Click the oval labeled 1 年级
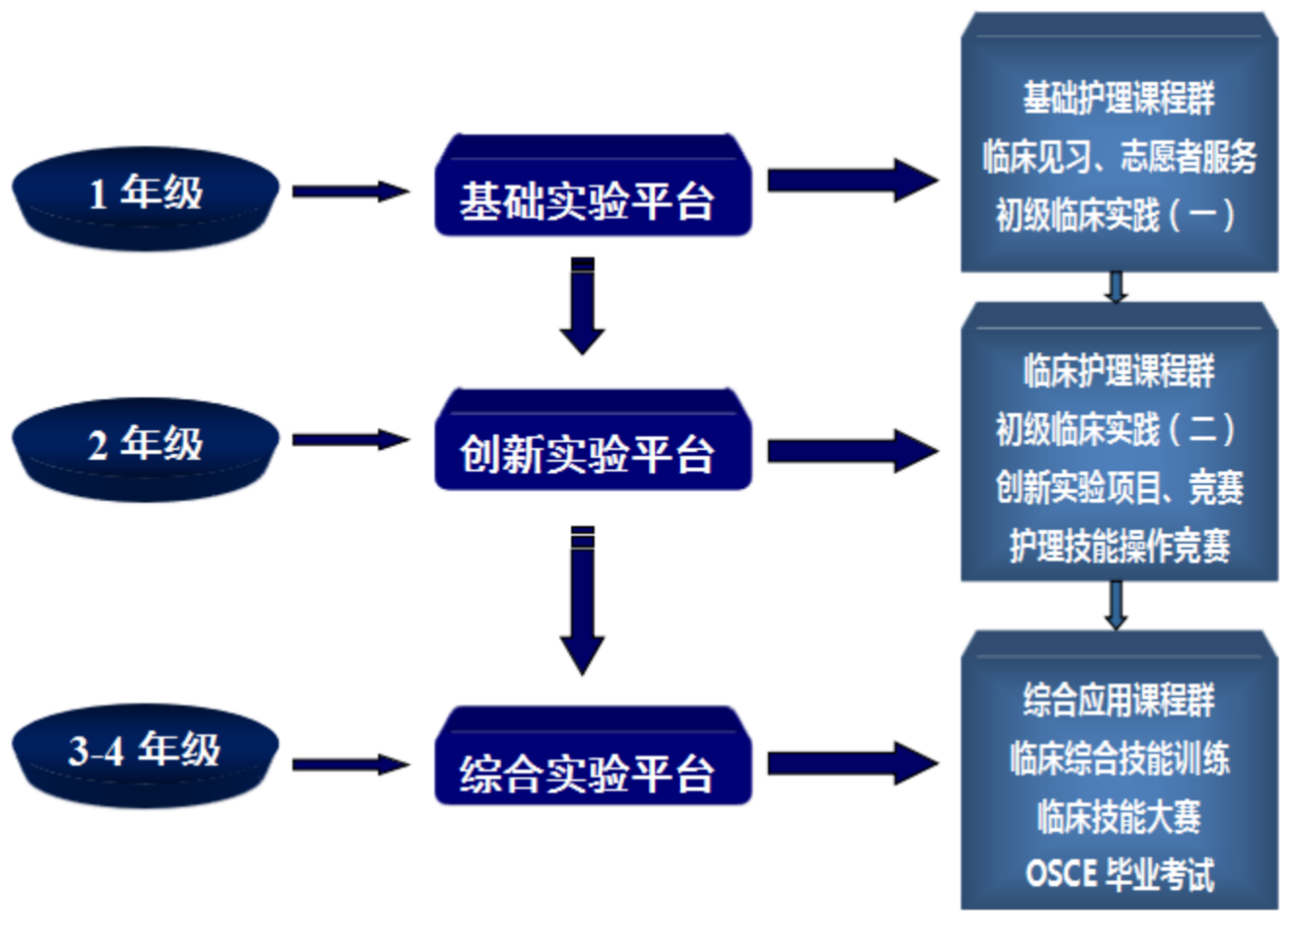pos(145,195)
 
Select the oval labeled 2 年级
pos(145,446)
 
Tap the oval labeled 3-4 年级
pos(145,753)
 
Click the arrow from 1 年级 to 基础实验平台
pos(350,191)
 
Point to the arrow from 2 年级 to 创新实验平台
pos(350,441)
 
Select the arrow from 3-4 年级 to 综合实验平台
pos(350,764)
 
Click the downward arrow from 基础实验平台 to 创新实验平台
pos(583,306)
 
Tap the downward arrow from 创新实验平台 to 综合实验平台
pos(583,600)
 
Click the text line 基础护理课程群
pos(1119,98)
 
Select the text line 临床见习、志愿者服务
pos(1119,156)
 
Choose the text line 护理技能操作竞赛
pos(1119,546)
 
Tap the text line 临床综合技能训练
pos(1119,757)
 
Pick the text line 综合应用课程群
pos(1119,700)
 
